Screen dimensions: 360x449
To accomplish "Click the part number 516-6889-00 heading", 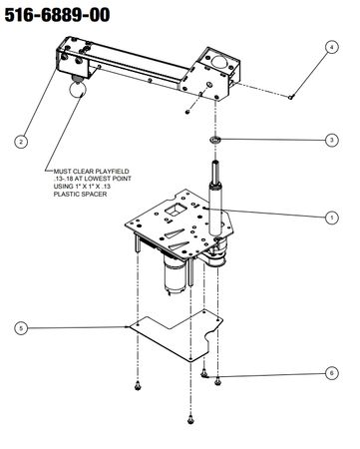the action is click(x=57, y=15).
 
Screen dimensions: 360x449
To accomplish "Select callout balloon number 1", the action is click(x=331, y=218).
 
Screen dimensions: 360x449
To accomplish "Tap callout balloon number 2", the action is click(x=21, y=142).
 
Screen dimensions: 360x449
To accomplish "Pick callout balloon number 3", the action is click(x=331, y=140).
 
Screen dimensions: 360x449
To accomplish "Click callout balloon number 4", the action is click(x=331, y=47).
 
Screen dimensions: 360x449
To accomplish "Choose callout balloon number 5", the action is click(x=21, y=328).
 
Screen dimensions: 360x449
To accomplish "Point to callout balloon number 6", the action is click(x=331, y=373).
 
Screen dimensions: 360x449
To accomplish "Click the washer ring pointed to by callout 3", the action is click(x=215, y=139).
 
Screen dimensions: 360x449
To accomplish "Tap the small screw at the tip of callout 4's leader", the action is click(x=291, y=97).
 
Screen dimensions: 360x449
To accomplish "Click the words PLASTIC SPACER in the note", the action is click(x=80, y=194).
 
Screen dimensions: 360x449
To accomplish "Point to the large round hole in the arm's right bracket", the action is click(x=219, y=62).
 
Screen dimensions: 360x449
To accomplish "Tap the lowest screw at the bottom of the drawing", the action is click(x=190, y=420).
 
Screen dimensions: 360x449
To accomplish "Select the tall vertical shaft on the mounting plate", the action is click(x=214, y=198).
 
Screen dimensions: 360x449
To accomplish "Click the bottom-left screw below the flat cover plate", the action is click(x=138, y=385).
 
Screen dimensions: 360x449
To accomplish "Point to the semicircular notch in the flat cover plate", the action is click(x=210, y=337).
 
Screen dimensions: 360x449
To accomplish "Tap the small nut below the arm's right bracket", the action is click(x=187, y=111).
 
